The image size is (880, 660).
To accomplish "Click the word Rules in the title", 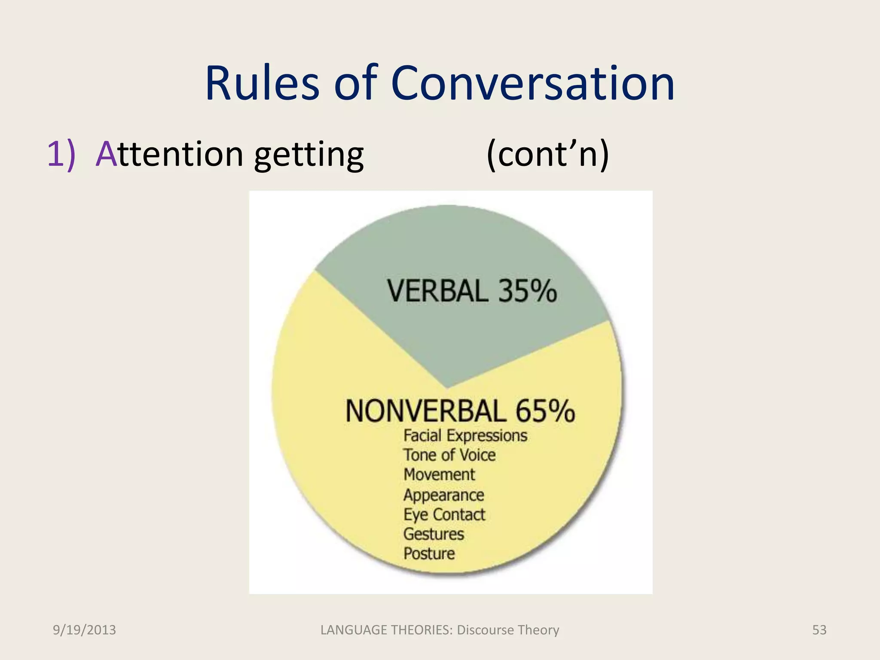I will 262,83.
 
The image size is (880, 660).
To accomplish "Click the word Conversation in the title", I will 533,83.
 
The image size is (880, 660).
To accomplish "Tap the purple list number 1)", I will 61,154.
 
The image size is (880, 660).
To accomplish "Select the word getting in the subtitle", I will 309,155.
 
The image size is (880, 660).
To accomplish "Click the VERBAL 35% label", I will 472,291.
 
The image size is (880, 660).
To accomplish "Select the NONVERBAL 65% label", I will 460,411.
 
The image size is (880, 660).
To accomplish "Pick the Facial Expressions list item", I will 465,436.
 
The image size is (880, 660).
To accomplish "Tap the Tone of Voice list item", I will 449,455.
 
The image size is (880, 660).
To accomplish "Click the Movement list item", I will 439,475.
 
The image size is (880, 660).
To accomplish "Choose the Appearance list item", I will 443,495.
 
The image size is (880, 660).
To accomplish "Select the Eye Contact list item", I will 444,514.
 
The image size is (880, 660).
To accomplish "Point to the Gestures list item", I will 434,534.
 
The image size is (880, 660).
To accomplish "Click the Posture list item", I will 429,553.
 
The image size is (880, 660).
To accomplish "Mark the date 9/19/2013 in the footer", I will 84,630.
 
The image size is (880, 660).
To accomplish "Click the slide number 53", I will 819,630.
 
